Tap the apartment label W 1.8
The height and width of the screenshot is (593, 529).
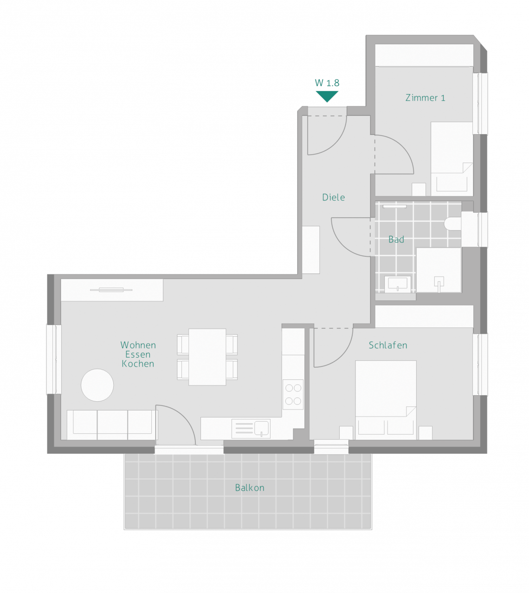(327, 83)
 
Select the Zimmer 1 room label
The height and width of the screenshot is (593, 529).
(425, 98)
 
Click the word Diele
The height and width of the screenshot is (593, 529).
(333, 197)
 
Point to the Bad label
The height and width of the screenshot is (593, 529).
(396, 239)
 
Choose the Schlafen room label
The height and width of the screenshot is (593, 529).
(387, 345)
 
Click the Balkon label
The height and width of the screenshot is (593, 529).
(250, 488)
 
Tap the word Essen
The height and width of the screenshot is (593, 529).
(138, 354)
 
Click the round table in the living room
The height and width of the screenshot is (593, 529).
(97, 385)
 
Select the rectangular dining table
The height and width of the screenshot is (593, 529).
(207, 357)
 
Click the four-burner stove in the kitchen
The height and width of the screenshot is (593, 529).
(293, 394)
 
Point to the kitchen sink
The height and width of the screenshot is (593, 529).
(262, 428)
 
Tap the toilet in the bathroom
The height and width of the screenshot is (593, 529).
(452, 224)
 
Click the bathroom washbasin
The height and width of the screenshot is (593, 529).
(398, 284)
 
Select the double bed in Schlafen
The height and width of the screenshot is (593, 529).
(386, 400)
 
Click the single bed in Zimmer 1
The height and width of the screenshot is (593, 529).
(452, 159)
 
